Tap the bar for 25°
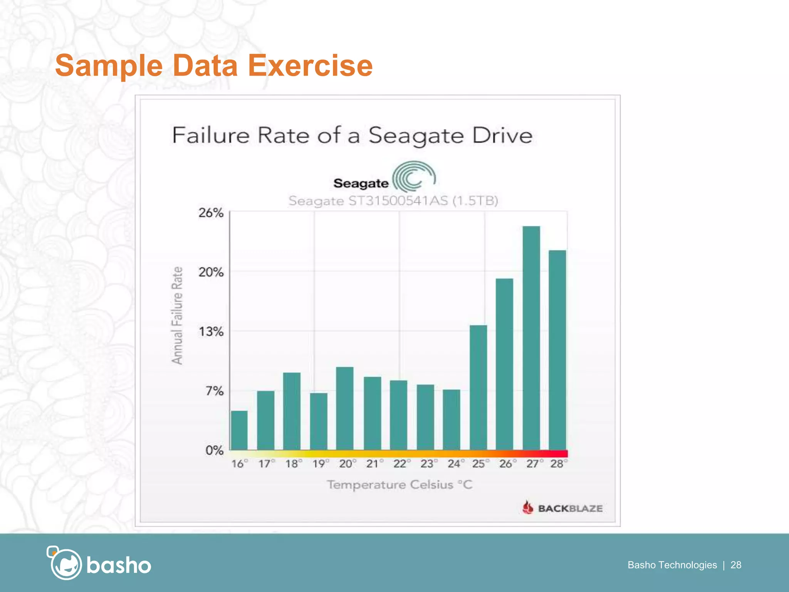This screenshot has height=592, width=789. click(x=478, y=387)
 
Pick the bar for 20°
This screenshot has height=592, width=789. click(x=345, y=408)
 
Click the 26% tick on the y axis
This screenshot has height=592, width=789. click(x=211, y=213)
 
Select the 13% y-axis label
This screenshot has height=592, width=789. click(x=211, y=331)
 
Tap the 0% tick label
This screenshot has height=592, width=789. click(x=214, y=450)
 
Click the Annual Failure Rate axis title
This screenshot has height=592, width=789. click(x=177, y=315)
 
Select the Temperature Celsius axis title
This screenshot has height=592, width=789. click(x=400, y=484)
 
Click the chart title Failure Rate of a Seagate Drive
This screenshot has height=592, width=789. click(x=352, y=135)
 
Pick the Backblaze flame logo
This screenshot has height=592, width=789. click(x=528, y=507)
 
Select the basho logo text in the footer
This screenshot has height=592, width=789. click(x=119, y=565)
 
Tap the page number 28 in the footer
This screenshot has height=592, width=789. click(x=736, y=565)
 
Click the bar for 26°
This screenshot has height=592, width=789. click(x=504, y=364)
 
